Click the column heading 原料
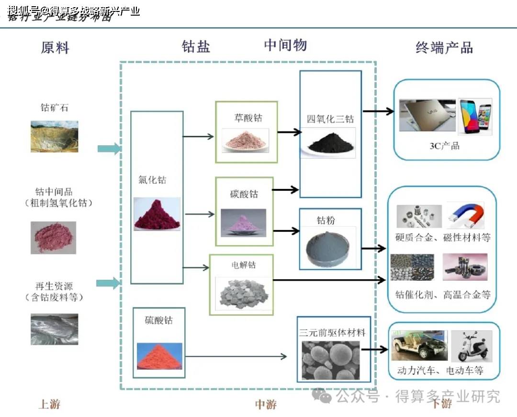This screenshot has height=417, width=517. pyautogui.click(x=55, y=48)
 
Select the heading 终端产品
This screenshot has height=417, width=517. pyautogui.click(x=444, y=47)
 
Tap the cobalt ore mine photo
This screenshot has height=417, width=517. pyautogui.click(x=54, y=136)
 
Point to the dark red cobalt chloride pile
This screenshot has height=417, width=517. pyautogui.click(x=157, y=214)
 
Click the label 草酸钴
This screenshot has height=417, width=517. pyautogui.click(x=248, y=118)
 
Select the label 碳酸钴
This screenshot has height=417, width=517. pyautogui.click(x=244, y=194)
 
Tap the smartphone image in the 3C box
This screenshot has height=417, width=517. pyautogui.click(x=475, y=115)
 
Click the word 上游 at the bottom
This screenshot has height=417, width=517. pyautogui.click(x=49, y=404)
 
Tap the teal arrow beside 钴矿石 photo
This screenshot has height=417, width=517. pyautogui.click(x=109, y=149)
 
